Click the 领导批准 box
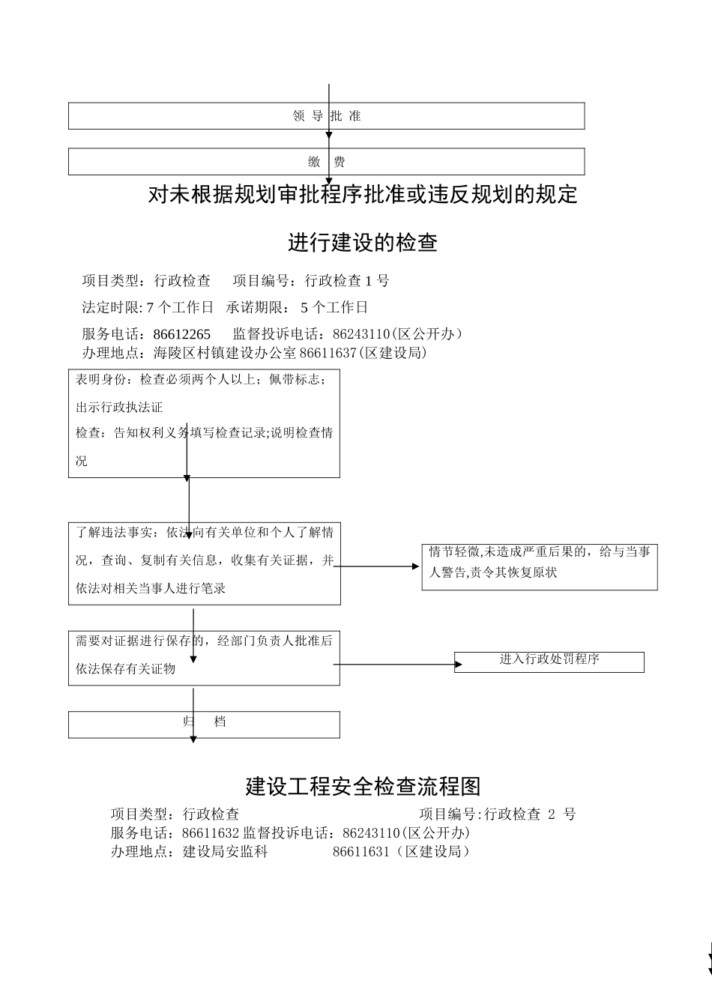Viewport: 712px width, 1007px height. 326,116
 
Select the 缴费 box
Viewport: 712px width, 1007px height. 326,162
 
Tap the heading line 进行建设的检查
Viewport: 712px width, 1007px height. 363,243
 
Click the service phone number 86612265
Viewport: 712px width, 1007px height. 182,334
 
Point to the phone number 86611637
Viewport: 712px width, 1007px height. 328,353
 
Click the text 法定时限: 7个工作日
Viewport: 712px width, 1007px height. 148,307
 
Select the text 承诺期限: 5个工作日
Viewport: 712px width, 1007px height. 297,307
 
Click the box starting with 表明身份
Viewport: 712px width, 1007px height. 204,423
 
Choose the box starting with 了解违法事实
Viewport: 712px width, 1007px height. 204,563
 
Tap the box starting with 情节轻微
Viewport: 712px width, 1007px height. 540,567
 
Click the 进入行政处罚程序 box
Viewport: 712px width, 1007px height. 549,662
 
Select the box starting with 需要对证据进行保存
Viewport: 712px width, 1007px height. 204,658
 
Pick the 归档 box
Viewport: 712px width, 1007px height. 204,725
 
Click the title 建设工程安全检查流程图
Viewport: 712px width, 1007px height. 363,787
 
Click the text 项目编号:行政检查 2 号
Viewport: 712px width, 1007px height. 498,814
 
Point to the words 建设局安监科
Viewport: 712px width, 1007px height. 226,852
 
